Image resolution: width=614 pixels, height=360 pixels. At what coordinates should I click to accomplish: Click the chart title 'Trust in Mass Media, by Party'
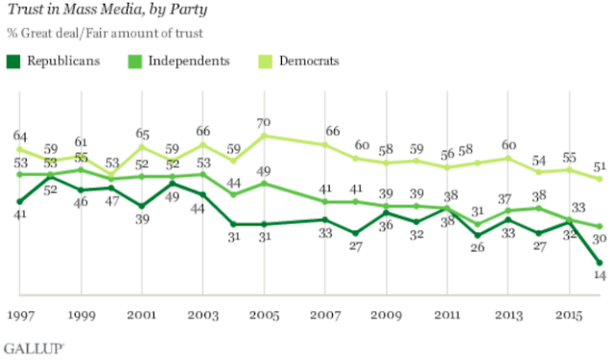pos(107,10)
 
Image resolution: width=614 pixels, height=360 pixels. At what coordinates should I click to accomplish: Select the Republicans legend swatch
pos(13,61)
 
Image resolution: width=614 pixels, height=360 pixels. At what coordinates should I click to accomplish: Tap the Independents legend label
pos(189,61)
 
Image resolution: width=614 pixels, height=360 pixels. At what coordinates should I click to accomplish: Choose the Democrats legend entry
pos(298,61)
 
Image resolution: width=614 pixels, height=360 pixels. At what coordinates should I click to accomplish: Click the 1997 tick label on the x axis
pos(21,315)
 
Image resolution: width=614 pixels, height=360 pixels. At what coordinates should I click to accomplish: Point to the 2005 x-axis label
pos(265,315)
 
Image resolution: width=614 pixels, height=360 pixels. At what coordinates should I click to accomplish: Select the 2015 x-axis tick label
pos(569,315)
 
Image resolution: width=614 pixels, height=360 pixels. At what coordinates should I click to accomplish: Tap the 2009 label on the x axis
pos(387,315)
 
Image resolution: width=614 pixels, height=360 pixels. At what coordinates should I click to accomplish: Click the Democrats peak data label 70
pos(264,123)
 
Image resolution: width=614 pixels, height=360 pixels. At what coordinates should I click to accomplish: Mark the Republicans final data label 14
pos(600,275)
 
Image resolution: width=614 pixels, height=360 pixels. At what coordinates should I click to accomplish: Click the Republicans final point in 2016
pos(600,262)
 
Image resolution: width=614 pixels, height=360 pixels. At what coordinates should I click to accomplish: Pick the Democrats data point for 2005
pos(264,136)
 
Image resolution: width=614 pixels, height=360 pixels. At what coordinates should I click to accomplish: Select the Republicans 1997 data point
pos(20,202)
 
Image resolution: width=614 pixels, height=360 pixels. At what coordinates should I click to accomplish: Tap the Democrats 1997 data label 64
pos(20,136)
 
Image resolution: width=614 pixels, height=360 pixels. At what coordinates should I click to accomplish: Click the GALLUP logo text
pos(34,348)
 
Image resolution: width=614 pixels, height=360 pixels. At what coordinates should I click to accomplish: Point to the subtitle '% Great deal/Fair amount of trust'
pos(105,34)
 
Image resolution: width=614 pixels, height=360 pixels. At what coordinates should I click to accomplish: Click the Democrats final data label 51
pos(600,166)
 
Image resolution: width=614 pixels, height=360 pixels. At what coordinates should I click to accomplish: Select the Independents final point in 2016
pos(600,227)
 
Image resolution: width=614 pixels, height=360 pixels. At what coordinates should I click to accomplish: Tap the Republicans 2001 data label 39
pos(142,219)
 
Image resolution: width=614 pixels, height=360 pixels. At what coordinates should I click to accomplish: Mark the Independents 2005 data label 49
pos(264,171)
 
